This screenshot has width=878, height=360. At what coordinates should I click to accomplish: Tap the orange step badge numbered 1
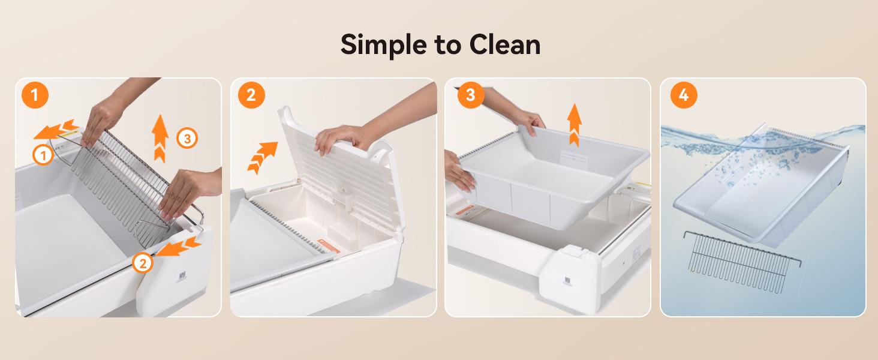point(35,95)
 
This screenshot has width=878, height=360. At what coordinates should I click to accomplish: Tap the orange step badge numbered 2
point(251,95)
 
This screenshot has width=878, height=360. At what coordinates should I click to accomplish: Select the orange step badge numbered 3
point(470,95)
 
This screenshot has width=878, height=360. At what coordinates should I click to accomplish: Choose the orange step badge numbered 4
point(684,95)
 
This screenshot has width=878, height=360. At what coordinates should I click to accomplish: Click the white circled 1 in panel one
point(43,155)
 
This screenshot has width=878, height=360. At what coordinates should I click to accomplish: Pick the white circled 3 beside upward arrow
point(187,139)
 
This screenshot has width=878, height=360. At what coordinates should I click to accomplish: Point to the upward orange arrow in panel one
point(160,137)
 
